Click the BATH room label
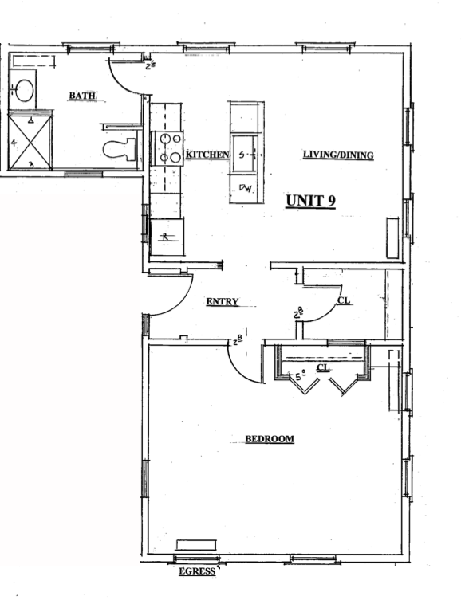[x=82, y=96]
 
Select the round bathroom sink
[x=24, y=89]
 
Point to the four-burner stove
[x=169, y=147]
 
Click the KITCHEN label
[x=207, y=154]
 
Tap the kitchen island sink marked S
[x=246, y=154]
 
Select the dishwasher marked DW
[x=245, y=190]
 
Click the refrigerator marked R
[x=166, y=237]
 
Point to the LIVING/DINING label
[x=337, y=155]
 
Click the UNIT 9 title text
[x=310, y=201]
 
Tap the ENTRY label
[x=223, y=301]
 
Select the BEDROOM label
[x=269, y=439]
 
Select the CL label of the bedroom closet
[x=323, y=368]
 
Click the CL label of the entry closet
[x=343, y=301]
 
